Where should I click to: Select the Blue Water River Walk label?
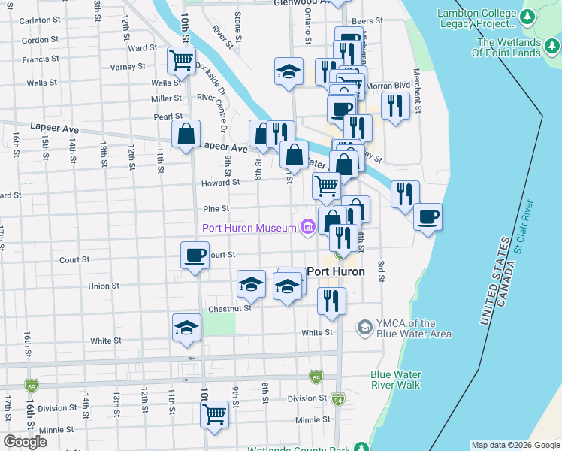(x=395, y=380)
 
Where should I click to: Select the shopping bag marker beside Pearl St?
(x=186, y=135)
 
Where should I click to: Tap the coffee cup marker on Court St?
(x=195, y=256)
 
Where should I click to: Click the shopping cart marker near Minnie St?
(x=215, y=414)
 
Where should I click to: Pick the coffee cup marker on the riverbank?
(x=428, y=217)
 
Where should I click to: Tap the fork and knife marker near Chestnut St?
(x=331, y=301)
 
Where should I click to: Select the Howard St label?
(x=220, y=182)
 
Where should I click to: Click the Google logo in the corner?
(x=25, y=442)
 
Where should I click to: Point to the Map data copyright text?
(x=516, y=445)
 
